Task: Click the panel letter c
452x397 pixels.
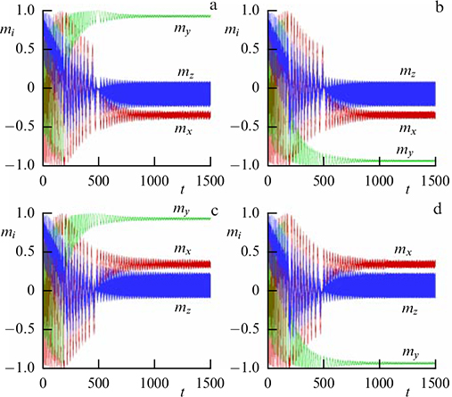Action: click(x=213, y=211)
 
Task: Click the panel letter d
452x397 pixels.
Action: click(x=436, y=211)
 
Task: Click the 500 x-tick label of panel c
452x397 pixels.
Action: click(x=97, y=380)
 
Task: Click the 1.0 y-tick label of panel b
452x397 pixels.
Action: click(x=249, y=11)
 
